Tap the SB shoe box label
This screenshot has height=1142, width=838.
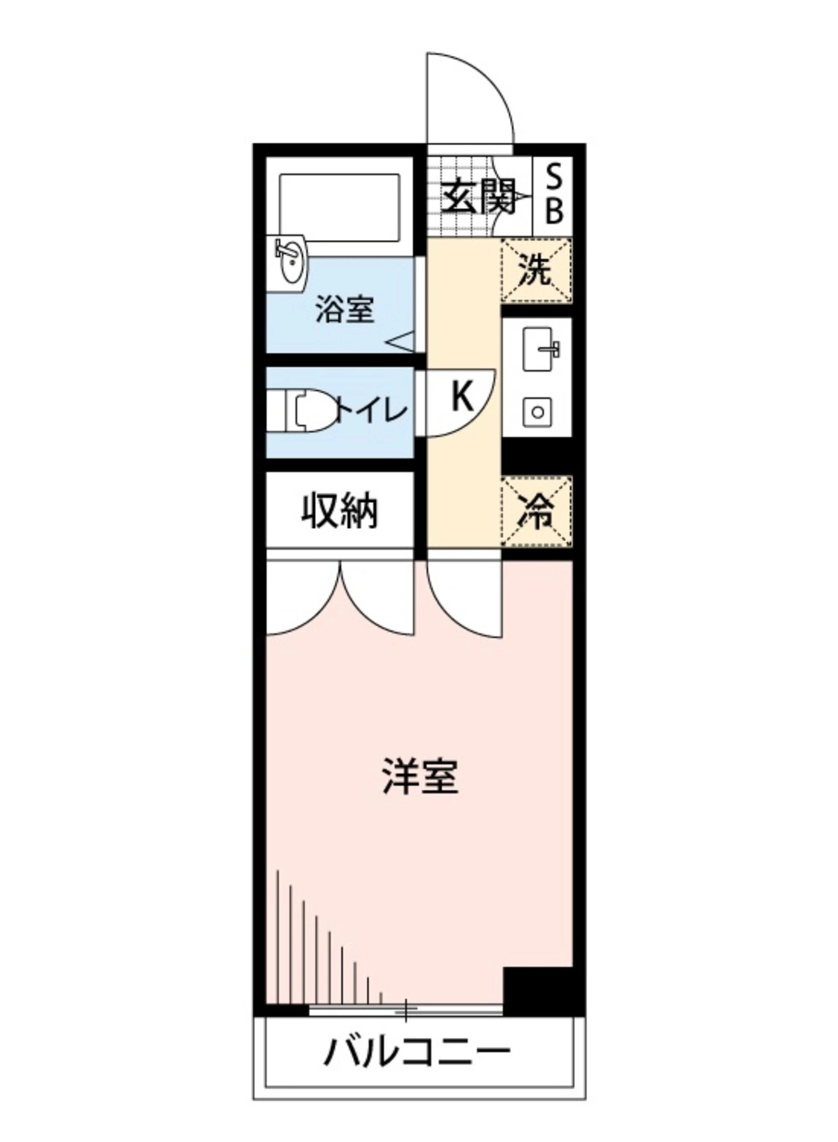pos(554,194)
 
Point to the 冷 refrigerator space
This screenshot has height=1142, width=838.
pos(536,511)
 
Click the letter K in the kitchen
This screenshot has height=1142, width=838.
pos(462,396)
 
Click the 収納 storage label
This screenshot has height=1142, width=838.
pos(340,511)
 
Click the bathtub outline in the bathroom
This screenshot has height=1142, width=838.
pos(340,207)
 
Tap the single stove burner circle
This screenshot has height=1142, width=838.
pos(538,412)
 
